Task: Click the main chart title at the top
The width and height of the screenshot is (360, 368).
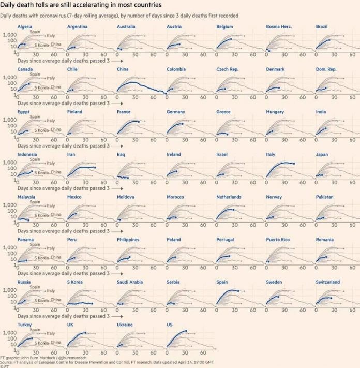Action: (78, 5)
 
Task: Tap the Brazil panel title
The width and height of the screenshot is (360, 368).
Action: (322, 26)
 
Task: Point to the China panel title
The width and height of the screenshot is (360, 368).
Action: (123, 69)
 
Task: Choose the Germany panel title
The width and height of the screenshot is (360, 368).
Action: (176, 112)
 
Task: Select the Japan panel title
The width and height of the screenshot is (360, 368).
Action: (322, 154)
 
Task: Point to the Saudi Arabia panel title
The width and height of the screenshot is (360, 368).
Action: (130, 282)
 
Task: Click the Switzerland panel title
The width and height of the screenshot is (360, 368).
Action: (328, 282)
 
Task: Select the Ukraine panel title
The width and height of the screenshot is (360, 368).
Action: (125, 325)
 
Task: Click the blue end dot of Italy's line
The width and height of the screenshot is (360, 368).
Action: (293, 164)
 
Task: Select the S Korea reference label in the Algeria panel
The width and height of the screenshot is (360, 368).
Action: (41, 45)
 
